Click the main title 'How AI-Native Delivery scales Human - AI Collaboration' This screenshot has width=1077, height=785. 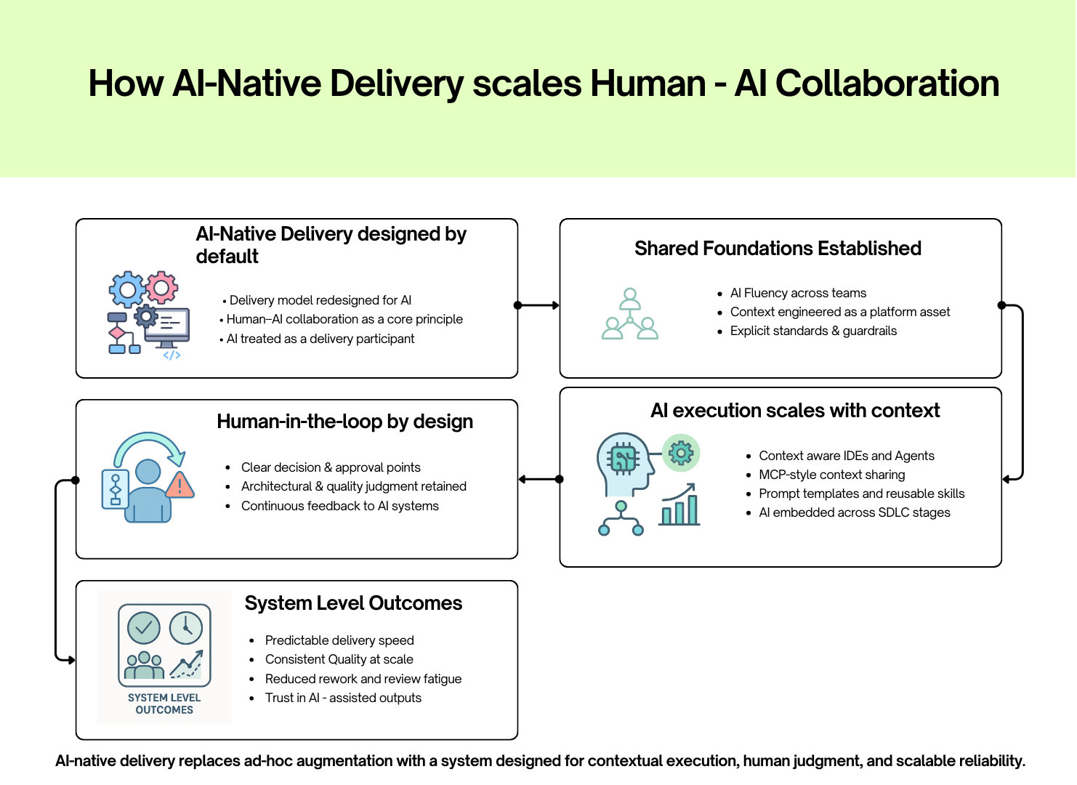pos(544,84)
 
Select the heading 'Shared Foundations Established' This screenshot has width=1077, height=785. pos(778,249)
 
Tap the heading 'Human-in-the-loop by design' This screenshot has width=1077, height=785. pos(344,422)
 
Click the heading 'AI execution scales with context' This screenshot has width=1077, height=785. pos(795,411)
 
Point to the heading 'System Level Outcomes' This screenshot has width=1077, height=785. pos(353,603)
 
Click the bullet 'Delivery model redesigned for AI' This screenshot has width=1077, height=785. pos(320,300)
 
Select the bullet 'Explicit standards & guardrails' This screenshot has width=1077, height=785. pos(813,331)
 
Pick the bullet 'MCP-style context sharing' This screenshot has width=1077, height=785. pos(831,475)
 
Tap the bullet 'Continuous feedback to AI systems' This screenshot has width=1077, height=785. pos(339,506)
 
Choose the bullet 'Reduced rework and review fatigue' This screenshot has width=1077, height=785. pos(363,679)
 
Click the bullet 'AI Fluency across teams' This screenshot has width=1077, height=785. pos(798,293)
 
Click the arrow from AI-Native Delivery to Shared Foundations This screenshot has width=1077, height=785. pos(538,305)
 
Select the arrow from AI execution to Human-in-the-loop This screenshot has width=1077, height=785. pos(538,479)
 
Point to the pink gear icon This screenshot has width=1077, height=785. pos(162,288)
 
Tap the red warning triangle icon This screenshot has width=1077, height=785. pos(179,484)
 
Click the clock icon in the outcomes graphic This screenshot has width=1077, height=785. pos(186,628)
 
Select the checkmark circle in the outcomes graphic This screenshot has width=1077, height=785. pos(144,628)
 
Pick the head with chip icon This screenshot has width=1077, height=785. pos(622,464)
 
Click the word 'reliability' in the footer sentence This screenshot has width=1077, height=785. pos(991,761)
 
